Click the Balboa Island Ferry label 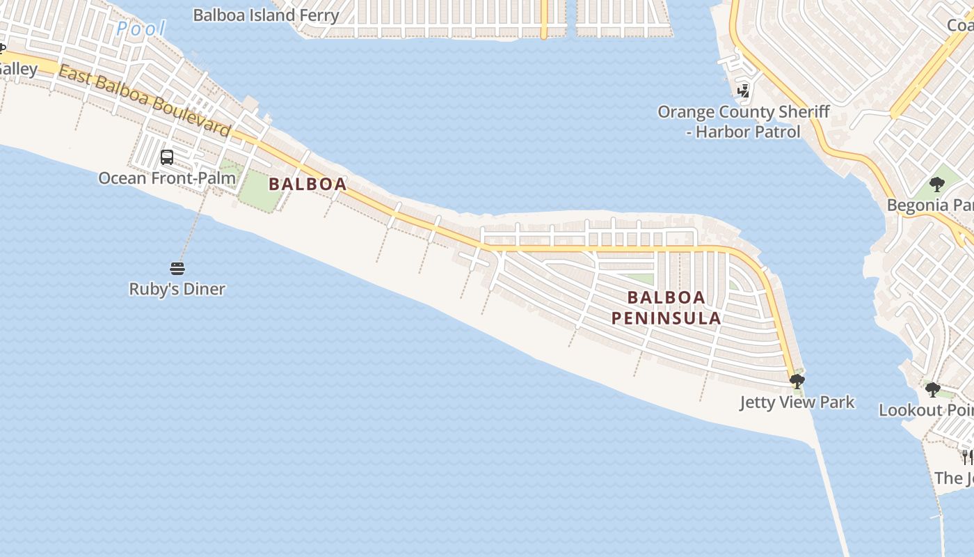pyautogui.click(x=266, y=15)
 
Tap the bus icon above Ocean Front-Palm pyautogui.click(x=167, y=157)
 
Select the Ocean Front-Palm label pyautogui.click(x=167, y=178)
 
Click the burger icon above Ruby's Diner pyautogui.click(x=177, y=268)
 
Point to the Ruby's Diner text pyautogui.click(x=177, y=288)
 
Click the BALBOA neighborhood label pyautogui.click(x=308, y=185)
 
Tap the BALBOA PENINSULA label pyautogui.click(x=666, y=308)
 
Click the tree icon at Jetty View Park pyautogui.click(x=797, y=381)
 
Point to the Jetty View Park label pyautogui.click(x=797, y=402)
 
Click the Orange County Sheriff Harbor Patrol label pyautogui.click(x=743, y=122)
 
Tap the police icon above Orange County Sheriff pyautogui.click(x=743, y=91)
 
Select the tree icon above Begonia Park pyautogui.click(x=937, y=185)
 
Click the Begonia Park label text pyautogui.click(x=929, y=205)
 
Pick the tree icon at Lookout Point pyautogui.click(x=933, y=389)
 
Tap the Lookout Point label pyautogui.click(x=925, y=410)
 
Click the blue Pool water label pyautogui.click(x=141, y=29)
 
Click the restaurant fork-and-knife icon pyautogui.click(x=968, y=457)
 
